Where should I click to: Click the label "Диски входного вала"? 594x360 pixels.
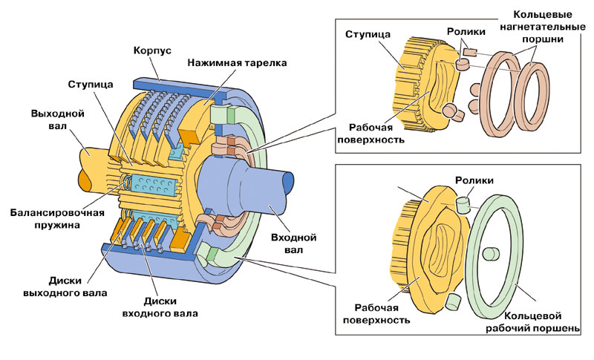[160, 307]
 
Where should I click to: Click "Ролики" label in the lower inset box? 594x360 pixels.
[473, 180]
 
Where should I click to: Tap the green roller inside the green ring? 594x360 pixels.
[489, 255]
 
